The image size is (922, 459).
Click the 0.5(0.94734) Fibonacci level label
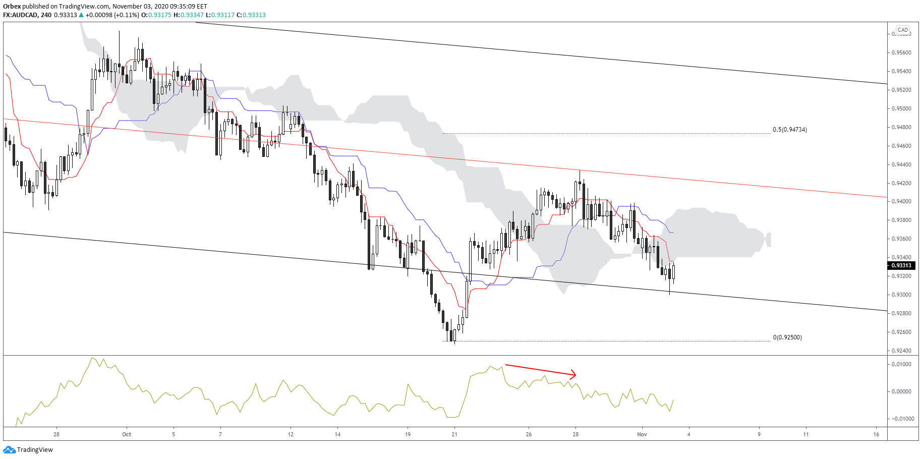tap(789, 130)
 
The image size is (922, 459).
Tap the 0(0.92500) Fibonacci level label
tap(787, 337)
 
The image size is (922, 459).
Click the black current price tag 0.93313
tap(902, 265)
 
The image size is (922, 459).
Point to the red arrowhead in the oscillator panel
tap(573, 375)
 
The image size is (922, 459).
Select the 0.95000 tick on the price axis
tap(901, 108)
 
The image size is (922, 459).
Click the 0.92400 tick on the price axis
tap(901, 351)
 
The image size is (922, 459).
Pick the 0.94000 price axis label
tap(901, 201)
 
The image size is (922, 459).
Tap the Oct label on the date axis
tap(127, 434)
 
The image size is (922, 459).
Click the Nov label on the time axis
tap(642, 434)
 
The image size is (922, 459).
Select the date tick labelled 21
tap(454, 434)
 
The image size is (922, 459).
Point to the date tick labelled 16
tap(876, 434)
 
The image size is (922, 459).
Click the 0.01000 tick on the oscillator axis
tap(901, 364)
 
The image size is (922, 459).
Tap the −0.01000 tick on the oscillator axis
tap(900, 419)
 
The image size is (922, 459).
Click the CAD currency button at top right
tap(902, 30)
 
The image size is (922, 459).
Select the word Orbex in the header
tap(12, 7)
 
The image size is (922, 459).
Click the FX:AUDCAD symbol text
tap(20, 15)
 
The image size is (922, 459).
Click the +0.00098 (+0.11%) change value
tap(112, 15)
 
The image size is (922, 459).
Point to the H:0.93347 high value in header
tap(189, 15)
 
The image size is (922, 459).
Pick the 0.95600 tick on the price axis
tap(901, 52)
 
